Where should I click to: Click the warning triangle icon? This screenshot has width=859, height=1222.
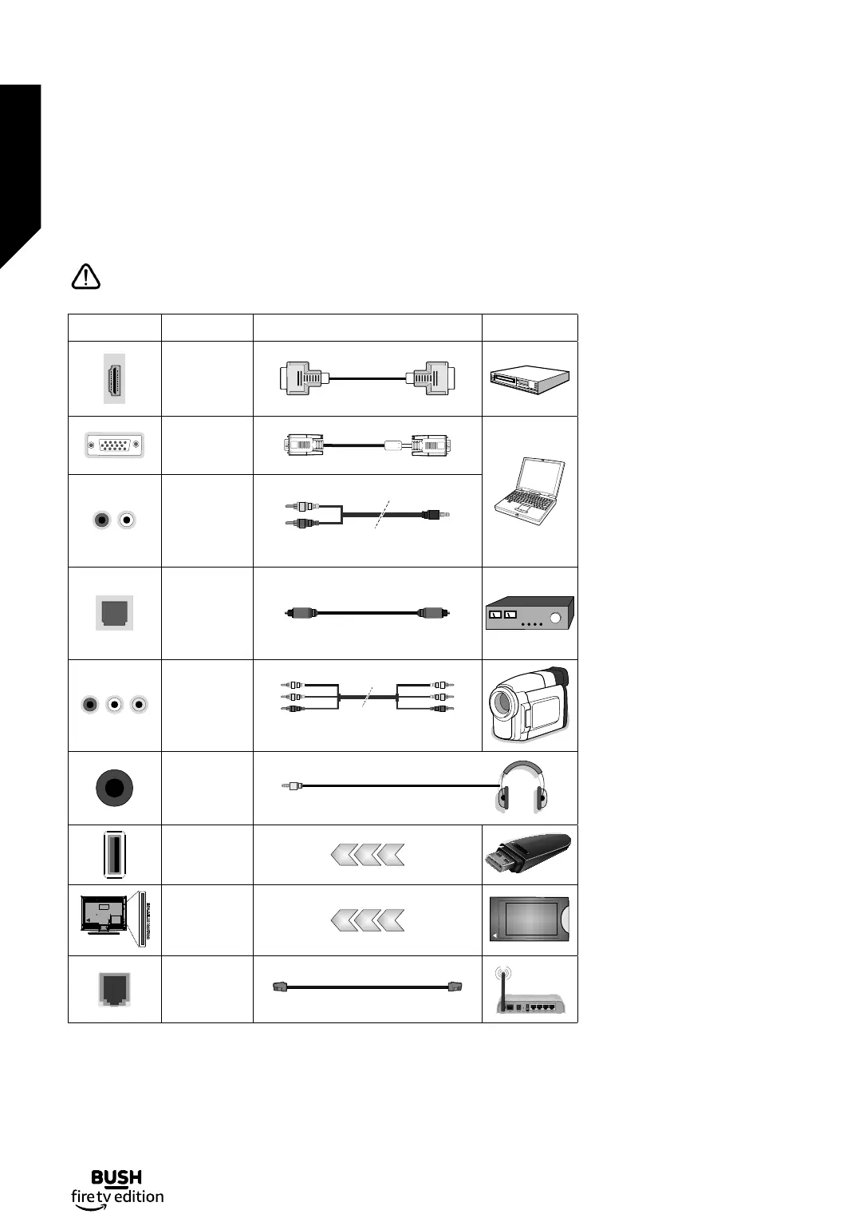point(85,277)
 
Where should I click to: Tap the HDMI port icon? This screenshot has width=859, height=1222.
point(114,378)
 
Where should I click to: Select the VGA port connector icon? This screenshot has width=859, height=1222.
point(114,445)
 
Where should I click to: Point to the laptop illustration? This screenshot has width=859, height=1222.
point(530,491)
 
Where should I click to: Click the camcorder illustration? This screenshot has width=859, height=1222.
point(530,705)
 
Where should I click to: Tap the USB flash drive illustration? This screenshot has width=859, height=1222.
point(528,854)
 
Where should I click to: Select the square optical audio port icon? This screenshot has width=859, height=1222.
point(114,613)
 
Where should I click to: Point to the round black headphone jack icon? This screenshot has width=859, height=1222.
point(114,788)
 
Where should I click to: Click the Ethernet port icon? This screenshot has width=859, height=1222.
point(114,990)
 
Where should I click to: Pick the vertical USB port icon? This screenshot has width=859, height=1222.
point(114,854)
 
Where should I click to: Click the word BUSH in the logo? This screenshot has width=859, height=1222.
point(116,1177)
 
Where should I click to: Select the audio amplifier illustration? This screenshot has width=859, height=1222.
point(530,614)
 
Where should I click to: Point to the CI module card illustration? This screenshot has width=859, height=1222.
point(530,919)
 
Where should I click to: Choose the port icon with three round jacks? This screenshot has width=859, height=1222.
point(114,705)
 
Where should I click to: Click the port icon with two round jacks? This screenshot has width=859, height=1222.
point(114,520)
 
